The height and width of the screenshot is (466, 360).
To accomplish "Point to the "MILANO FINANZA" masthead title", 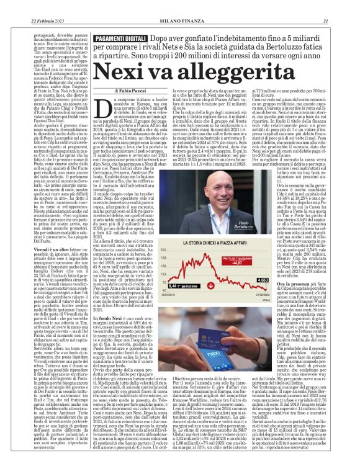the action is tap(181, 6).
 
